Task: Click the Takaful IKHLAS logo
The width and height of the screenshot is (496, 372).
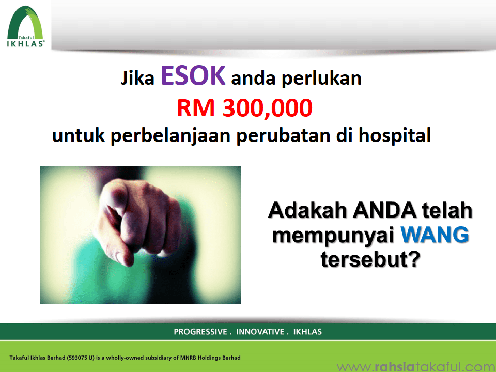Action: coord(26,26)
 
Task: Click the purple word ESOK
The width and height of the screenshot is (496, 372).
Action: coord(193,75)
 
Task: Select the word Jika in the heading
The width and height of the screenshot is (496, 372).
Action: coord(137,78)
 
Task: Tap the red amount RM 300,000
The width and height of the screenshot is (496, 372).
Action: coord(244,108)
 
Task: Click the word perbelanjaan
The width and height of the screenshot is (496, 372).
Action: coord(171,136)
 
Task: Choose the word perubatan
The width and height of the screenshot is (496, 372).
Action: coord(284,136)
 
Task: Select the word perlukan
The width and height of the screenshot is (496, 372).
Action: coord(321,79)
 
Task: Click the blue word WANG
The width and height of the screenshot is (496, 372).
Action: coord(435,235)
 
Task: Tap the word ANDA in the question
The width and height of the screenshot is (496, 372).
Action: coord(384,210)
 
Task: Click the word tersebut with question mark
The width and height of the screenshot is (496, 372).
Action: coord(370,259)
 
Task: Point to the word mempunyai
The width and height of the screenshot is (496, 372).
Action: coord(333,236)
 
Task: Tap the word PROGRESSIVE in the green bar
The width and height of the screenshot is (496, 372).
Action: coord(200,332)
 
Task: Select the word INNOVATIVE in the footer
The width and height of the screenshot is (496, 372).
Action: coord(260,332)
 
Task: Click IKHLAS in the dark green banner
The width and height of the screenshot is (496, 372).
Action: coord(307,332)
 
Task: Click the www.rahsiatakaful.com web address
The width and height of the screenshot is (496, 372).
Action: coord(416,367)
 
